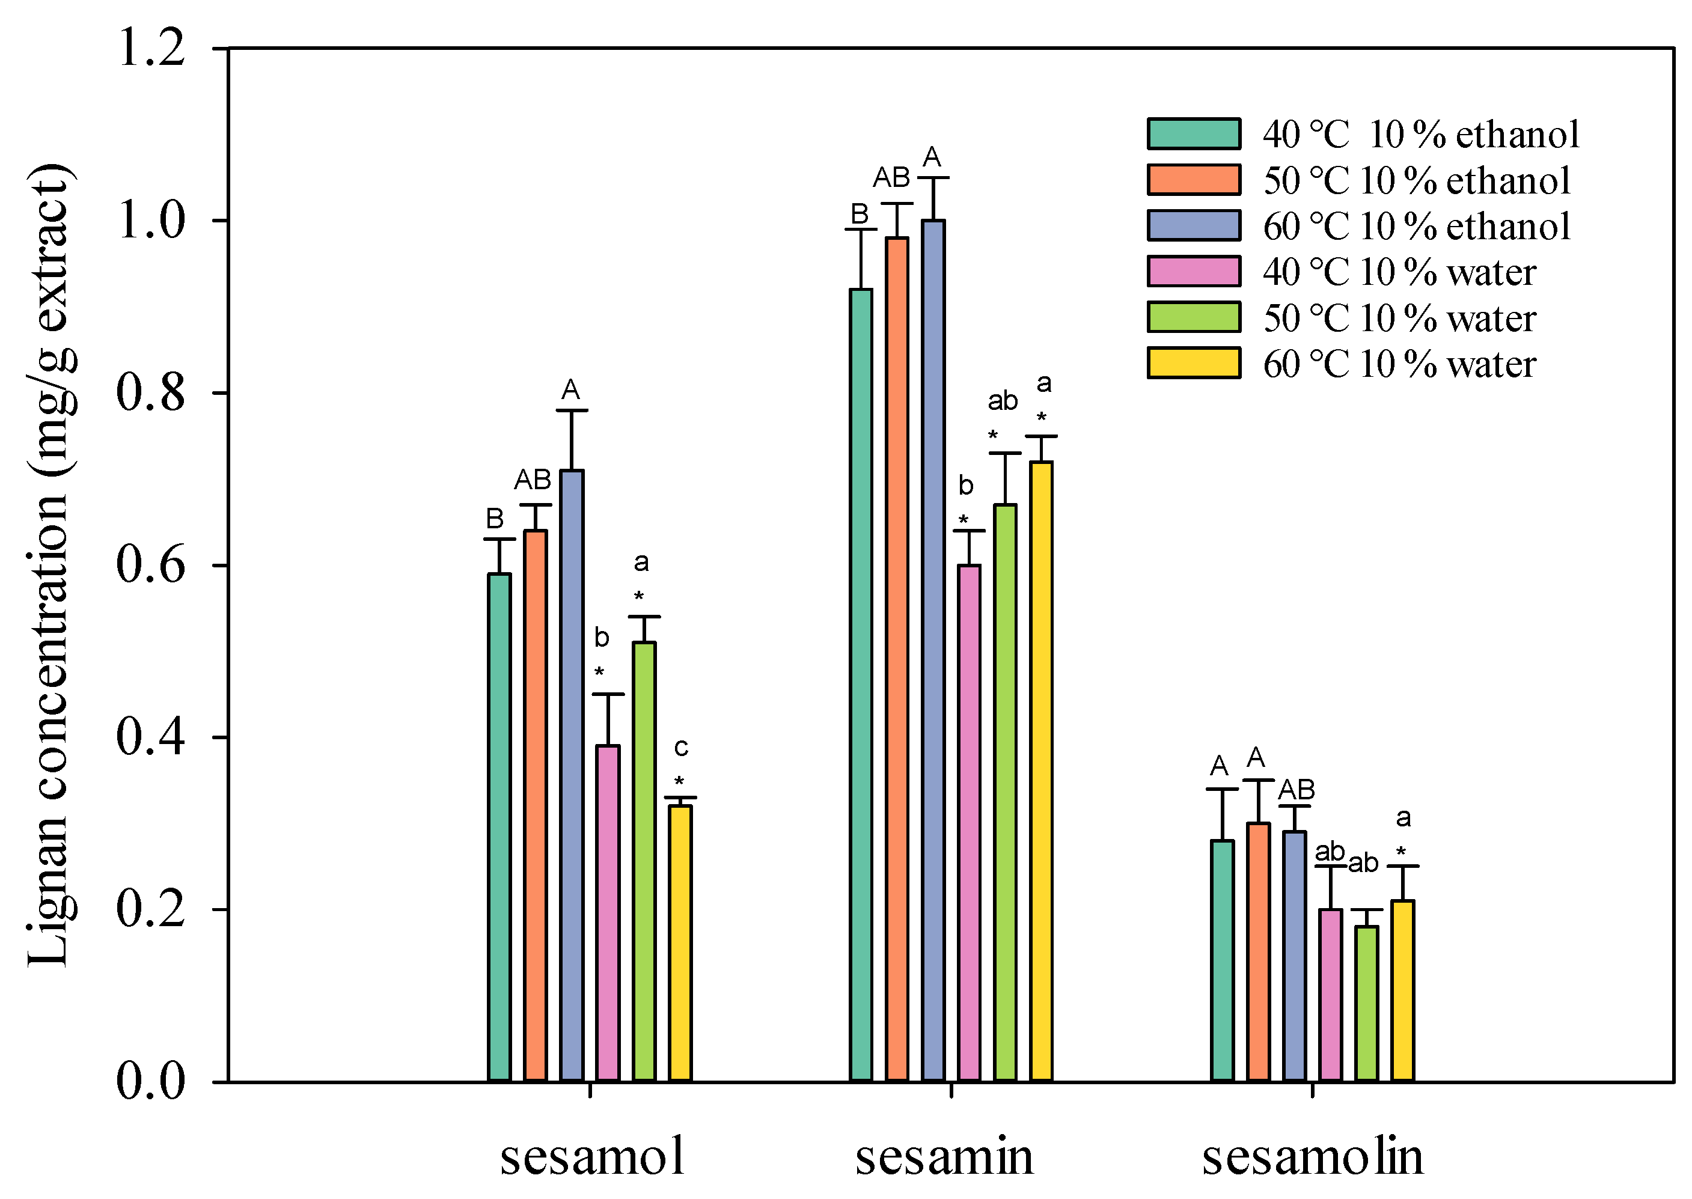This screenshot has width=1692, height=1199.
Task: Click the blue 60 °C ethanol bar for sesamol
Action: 572,775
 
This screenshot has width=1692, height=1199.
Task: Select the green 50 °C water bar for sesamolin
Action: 1366,1004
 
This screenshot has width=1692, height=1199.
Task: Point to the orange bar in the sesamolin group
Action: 1258,953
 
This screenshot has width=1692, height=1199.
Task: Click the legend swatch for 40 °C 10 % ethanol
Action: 1193,133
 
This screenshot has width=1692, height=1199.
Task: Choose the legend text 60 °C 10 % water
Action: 1399,364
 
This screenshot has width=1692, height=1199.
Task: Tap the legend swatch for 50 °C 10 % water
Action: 1193,317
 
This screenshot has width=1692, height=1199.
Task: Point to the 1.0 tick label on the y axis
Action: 151,220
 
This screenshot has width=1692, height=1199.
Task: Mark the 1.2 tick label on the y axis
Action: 151,48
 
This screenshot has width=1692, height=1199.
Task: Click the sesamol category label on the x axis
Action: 592,1156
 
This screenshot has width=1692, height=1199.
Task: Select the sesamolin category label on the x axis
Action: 1312,1156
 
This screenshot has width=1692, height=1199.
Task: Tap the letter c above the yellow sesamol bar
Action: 680,747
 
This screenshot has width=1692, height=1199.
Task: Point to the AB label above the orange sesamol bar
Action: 533,480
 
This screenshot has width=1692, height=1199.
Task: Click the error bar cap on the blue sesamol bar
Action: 572,410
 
